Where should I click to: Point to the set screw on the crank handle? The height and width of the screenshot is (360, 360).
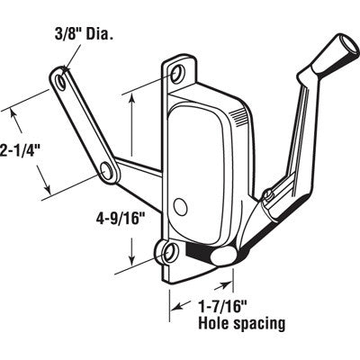click(x=267, y=195)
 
